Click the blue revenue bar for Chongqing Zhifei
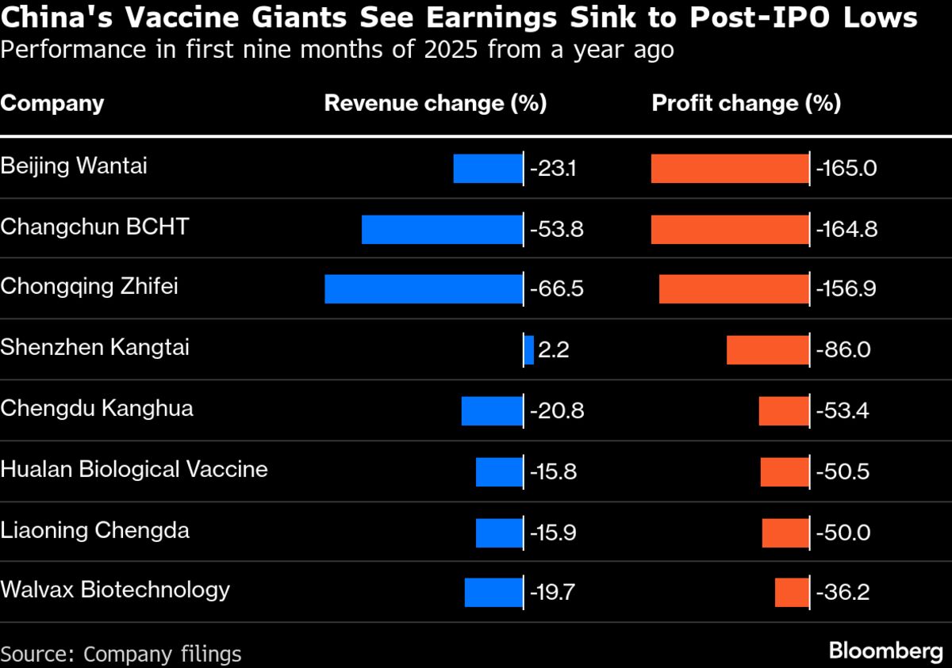[x=424, y=289]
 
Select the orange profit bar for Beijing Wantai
[x=730, y=169]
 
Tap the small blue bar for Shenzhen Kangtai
[x=529, y=350]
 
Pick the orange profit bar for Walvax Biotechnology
[x=792, y=593]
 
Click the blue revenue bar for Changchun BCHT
[x=442, y=229]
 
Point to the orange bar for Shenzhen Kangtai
[x=767, y=350]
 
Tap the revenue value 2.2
[x=554, y=350]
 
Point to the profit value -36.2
[x=843, y=593]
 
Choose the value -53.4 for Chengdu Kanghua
[x=843, y=411]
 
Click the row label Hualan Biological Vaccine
[x=134, y=469]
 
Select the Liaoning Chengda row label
[x=95, y=529]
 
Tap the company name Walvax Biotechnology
[x=115, y=590]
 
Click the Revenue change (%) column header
[x=436, y=104]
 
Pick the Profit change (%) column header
[x=747, y=104]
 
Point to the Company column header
[x=52, y=104]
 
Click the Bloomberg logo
[x=885, y=651]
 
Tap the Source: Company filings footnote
[x=121, y=654]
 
